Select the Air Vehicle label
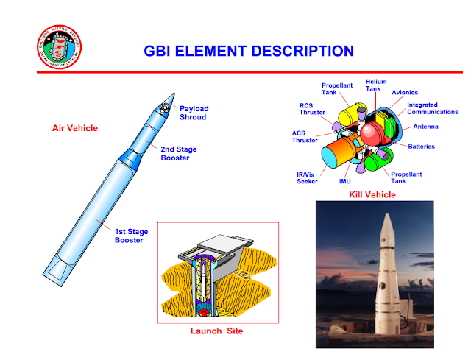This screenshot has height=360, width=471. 75,128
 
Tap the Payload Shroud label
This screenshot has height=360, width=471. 194,112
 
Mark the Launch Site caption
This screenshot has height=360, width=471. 216,331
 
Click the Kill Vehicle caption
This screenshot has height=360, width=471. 372,194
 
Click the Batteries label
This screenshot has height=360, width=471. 422,147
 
